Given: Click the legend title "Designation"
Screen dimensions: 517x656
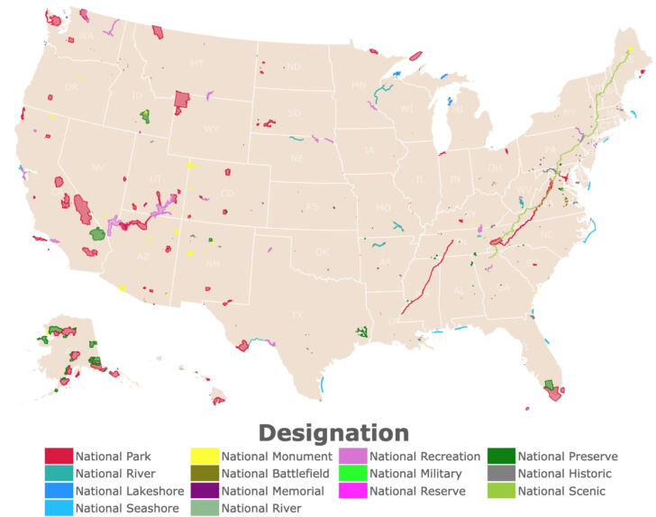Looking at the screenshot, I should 333,433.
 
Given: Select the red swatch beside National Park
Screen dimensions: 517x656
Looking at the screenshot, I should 59,456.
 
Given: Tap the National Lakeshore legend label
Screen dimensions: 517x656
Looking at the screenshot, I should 130,491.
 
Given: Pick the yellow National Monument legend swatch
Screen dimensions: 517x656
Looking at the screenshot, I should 205,456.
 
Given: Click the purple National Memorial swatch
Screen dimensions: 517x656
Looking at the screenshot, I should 205,491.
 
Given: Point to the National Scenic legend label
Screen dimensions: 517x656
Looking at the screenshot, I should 561,491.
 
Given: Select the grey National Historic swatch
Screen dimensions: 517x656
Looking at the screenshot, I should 502,474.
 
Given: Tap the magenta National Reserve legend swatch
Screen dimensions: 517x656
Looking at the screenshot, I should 353,491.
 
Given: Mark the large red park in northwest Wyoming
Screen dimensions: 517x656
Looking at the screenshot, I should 181,99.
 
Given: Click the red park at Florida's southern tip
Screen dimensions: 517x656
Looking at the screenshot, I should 555,394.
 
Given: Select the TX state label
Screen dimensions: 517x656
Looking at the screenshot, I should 296,315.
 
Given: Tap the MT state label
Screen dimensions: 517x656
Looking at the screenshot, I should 196,64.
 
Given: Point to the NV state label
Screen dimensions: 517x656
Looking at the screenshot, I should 98,168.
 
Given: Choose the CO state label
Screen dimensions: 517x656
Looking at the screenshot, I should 227,193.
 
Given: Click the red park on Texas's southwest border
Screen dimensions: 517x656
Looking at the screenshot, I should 242,345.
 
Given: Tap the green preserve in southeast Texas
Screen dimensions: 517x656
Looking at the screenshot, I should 362,332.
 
